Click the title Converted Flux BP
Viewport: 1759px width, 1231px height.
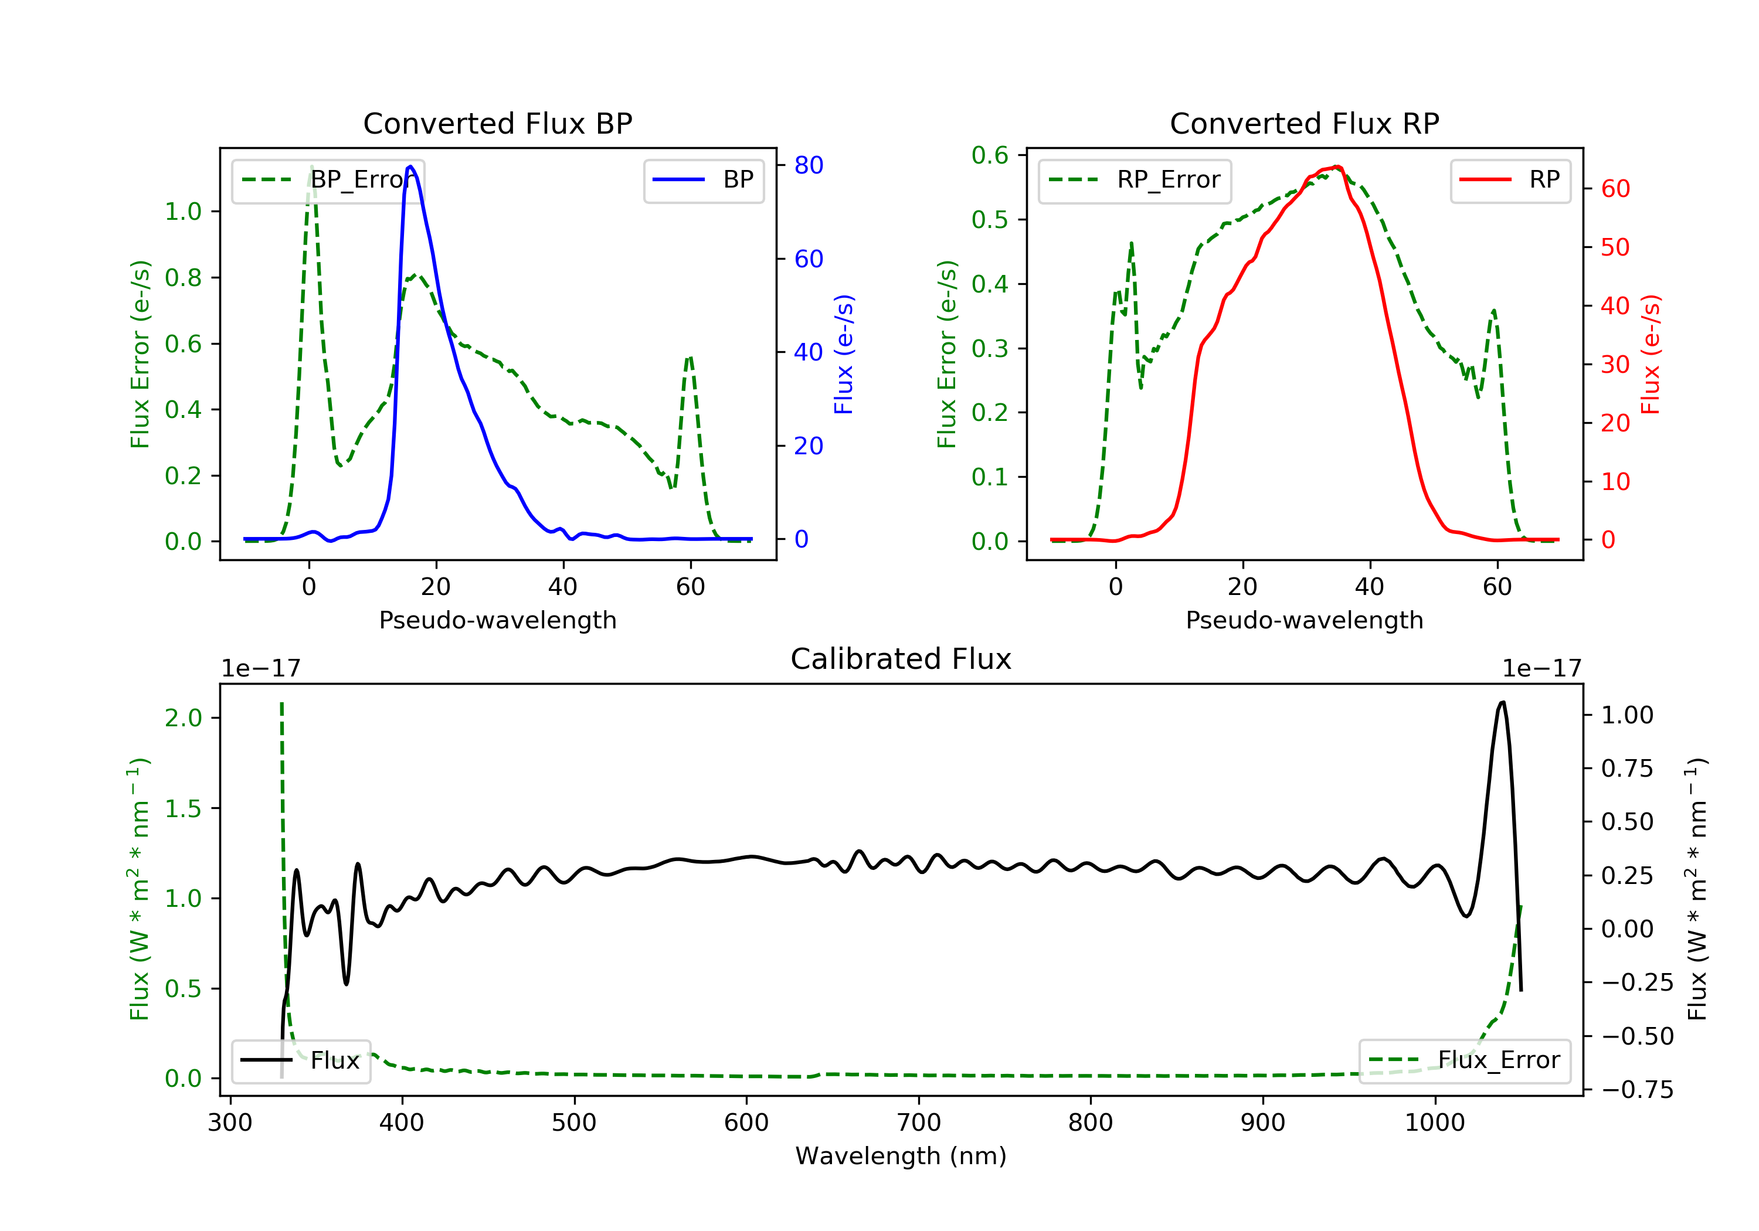click(x=498, y=123)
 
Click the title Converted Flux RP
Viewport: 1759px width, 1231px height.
click(x=1304, y=123)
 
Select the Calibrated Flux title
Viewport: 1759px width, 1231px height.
click(x=901, y=659)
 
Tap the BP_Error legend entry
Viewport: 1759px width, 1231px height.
click(x=328, y=180)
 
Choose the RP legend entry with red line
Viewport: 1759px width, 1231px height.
click(x=1510, y=180)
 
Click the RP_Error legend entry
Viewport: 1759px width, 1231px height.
click(x=1135, y=180)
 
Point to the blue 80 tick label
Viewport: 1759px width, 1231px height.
click(x=808, y=165)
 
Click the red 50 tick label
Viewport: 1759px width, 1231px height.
click(x=1615, y=247)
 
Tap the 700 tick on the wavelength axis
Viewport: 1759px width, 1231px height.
click(x=919, y=1123)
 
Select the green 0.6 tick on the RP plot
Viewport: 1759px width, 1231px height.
click(x=990, y=155)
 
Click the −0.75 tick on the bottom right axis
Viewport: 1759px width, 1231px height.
click(x=1637, y=1089)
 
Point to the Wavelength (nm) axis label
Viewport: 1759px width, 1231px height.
click(x=901, y=1156)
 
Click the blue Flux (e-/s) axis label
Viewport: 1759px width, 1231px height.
click(x=844, y=355)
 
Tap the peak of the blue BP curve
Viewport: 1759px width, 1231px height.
click(x=410, y=166)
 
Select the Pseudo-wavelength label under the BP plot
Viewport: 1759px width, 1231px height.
click(x=498, y=620)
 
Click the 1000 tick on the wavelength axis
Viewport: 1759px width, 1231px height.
click(x=1435, y=1123)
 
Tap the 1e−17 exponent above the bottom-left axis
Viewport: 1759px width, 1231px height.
click(x=260, y=669)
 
